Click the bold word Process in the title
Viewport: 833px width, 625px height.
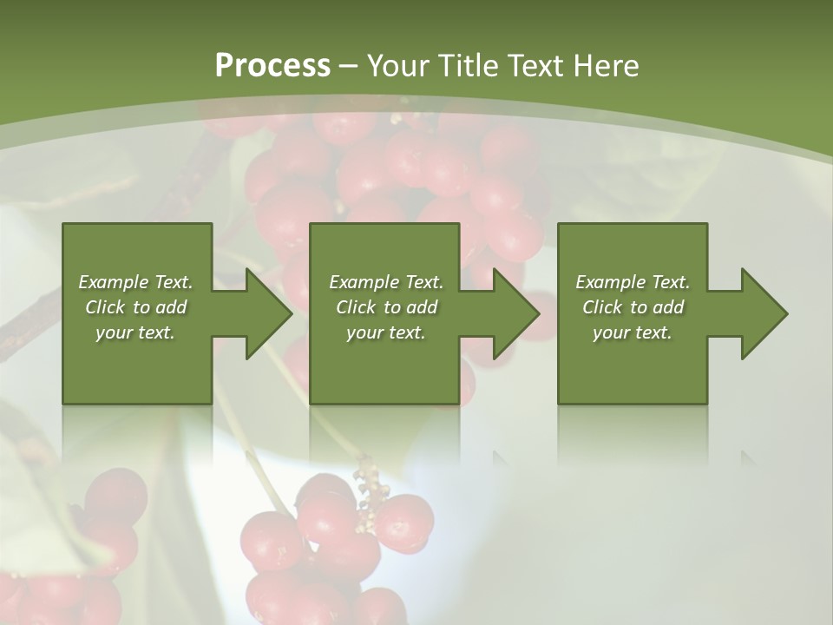click(x=272, y=66)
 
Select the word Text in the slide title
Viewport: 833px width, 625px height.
click(x=532, y=66)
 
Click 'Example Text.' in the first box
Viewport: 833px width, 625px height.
click(x=135, y=282)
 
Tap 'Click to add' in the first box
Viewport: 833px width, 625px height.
click(x=135, y=307)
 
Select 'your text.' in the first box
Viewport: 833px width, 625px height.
click(x=135, y=332)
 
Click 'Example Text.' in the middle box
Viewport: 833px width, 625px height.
click(x=386, y=282)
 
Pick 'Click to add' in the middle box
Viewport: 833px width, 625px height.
click(x=386, y=307)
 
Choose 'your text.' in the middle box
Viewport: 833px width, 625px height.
click(x=386, y=332)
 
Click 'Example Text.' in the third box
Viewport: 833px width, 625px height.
click(x=633, y=282)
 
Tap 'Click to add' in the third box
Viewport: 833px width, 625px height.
click(x=633, y=307)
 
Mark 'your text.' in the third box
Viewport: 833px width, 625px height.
click(x=633, y=332)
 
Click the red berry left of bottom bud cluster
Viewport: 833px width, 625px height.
click(x=325, y=512)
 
